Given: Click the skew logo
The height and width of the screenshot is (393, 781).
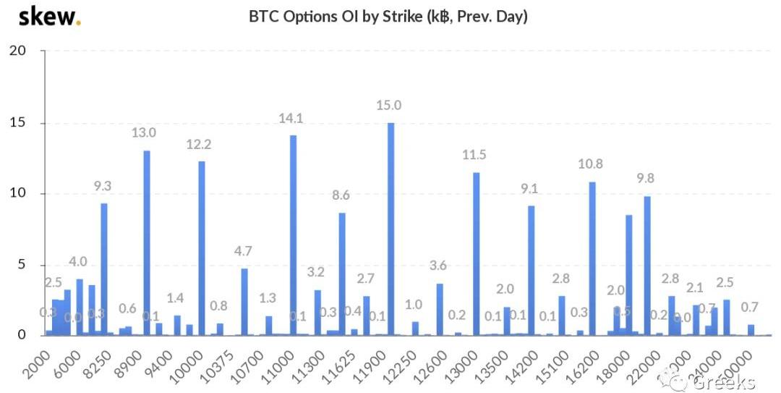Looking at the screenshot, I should pyautogui.click(x=48, y=16).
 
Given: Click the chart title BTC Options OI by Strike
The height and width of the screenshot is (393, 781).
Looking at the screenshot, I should pyautogui.click(x=388, y=16).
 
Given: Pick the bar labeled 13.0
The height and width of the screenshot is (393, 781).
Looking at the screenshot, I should pyautogui.click(x=147, y=242).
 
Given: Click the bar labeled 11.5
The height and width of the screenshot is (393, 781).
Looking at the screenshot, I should pyautogui.click(x=476, y=253).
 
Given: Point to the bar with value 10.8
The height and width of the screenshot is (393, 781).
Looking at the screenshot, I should pyautogui.click(x=592, y=258).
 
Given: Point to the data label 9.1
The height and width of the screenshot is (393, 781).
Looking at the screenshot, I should pyautogui.click(x=530, y=189).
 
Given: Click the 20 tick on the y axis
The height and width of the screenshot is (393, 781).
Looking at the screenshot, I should pyautogui.click(x=17, y=51).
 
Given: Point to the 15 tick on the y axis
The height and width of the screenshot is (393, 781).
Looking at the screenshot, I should pyautogui.click(x=17, y=122).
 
